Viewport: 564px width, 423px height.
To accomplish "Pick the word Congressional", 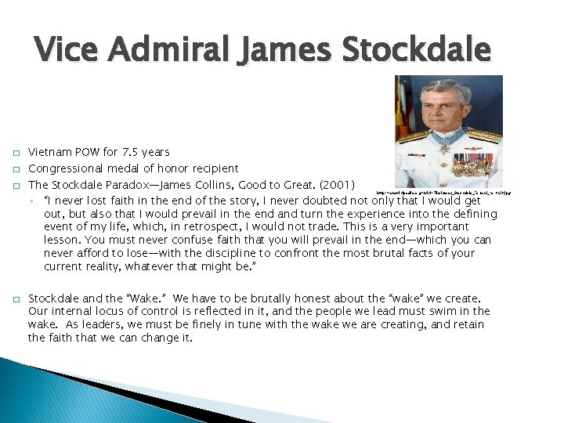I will pos(66,168).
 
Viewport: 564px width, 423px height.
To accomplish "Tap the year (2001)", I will pos(335,186).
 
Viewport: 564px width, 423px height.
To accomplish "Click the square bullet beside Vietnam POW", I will pos(15,152).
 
